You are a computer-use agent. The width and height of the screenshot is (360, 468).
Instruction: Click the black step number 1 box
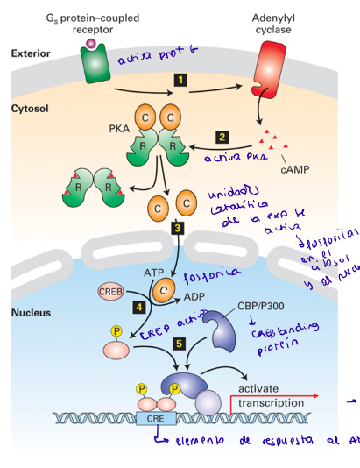180,80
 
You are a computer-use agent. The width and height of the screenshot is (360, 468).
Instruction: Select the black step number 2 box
222,137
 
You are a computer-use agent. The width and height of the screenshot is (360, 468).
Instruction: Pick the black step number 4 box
138,308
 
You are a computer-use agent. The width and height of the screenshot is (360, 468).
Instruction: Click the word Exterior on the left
30,53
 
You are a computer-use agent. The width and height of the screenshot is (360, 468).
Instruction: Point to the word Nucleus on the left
29,312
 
